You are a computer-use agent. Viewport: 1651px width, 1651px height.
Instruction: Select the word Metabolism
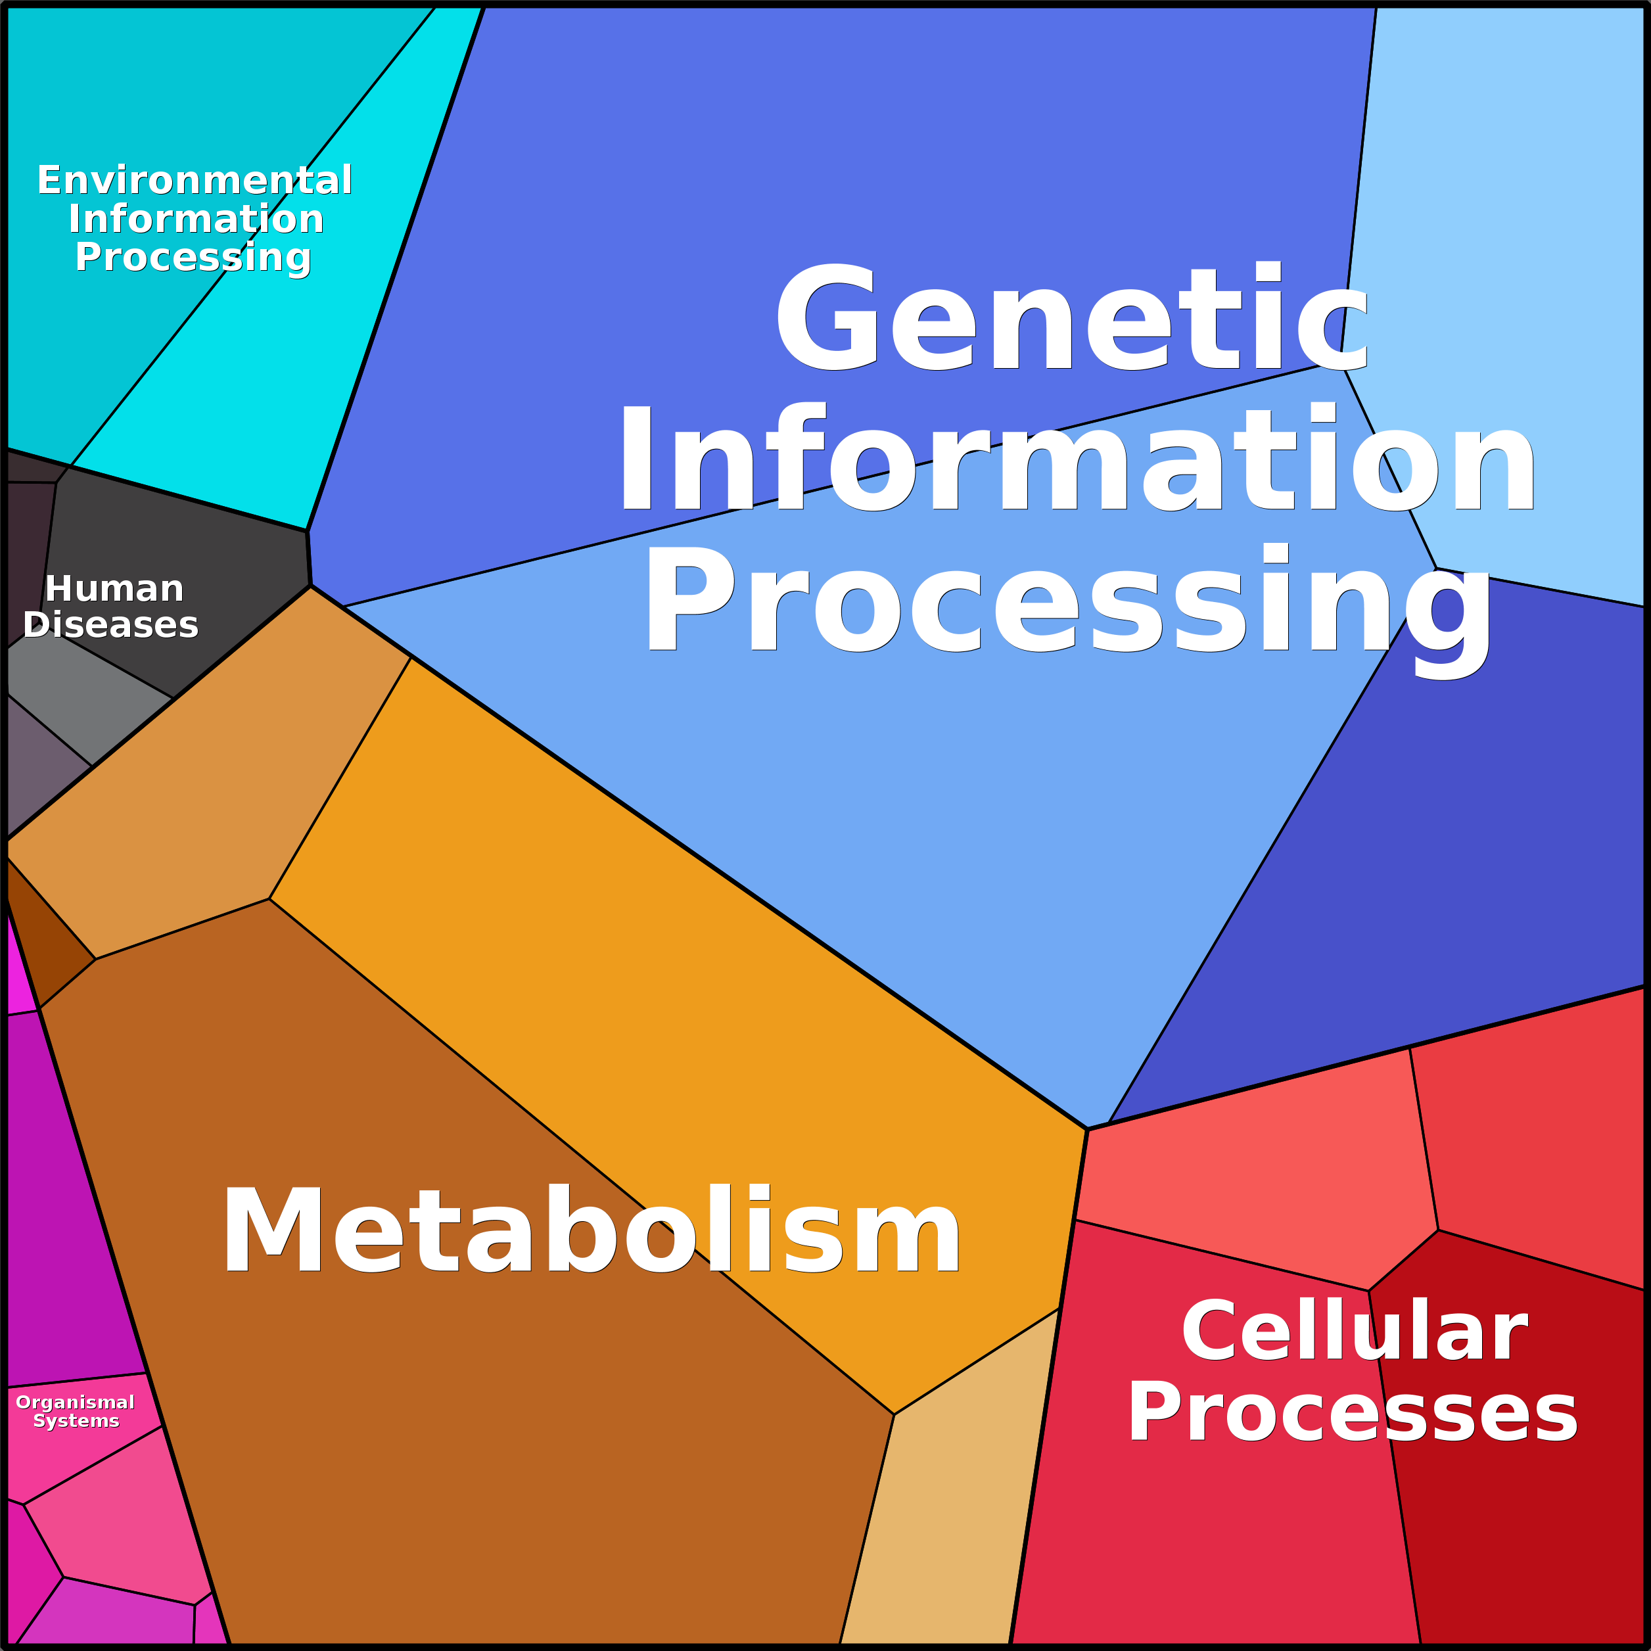592,1232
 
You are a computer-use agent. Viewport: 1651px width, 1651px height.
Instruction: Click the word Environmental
195,180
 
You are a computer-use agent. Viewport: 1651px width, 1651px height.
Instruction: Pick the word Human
114,589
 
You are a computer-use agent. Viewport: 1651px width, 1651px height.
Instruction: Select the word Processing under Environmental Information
193,257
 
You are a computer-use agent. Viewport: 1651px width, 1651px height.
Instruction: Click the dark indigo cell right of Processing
1453,854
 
